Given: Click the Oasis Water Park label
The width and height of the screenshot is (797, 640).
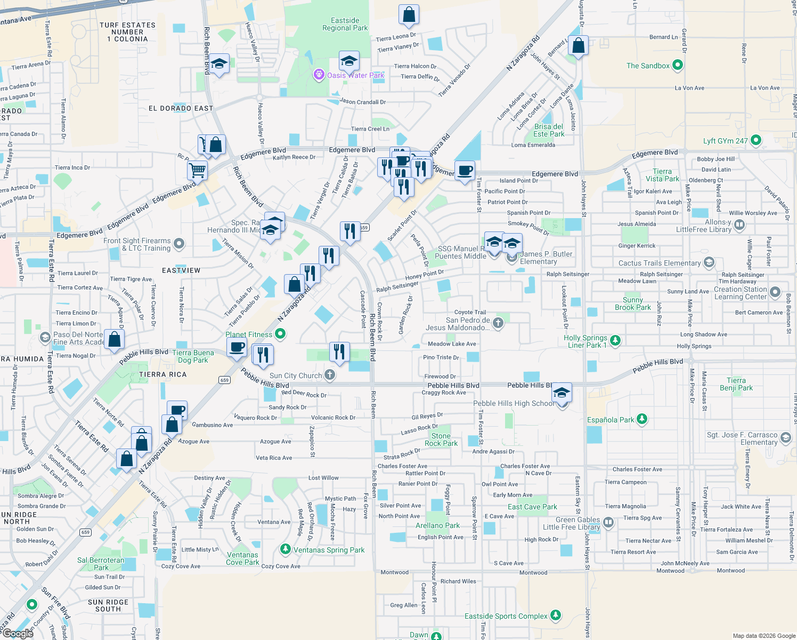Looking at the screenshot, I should pyautogui.click(x=355, y=75).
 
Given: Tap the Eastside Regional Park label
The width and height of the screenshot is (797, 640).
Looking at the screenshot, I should pyautogui.click(x=345, y=25).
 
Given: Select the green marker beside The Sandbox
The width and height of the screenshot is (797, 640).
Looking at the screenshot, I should pyautogui.click(x=678, y=66).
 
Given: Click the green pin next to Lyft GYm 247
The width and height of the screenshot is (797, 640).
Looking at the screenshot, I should pyautogui.click(x=755, y=141).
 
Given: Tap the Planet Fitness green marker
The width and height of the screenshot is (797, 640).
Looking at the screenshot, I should pyautogui.click(x=280, y=334).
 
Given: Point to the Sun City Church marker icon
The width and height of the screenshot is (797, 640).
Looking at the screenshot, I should pyautogui.click(x=330, y=375).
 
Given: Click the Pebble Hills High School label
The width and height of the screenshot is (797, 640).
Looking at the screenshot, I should pyautogui.click(x=514, y=404).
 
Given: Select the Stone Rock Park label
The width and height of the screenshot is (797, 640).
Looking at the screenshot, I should pyautogui.click(x=441, y=439).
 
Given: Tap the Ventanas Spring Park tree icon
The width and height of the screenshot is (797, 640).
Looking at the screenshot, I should pyautogui.click(x=286, y=549).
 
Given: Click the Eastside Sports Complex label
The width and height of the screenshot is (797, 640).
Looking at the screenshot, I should pyautogui.click(x=506, y=616).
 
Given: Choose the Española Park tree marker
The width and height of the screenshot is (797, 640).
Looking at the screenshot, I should pyautogui.click(x=642, y=419).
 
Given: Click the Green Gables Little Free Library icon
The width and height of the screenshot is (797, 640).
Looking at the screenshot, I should pyautogui.click(x=608, y=523).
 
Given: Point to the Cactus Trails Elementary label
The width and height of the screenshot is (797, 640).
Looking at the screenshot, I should pyautogui.click(x=660, y=263).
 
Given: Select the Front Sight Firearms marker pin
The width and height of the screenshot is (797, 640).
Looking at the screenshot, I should pyautogui.click(x=179, y=244).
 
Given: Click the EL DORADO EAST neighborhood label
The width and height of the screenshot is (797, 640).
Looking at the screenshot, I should pyautogui.click(x=181, y=108).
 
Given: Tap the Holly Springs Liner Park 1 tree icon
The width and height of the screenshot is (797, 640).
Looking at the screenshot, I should pyautogui.click(x=615, y=340).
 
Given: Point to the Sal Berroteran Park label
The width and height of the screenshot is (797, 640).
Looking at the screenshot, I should pyautogui.click(x=101, y=564).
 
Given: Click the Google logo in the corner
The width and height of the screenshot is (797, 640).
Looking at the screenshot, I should pyautogui.click(x=18, y=634).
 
